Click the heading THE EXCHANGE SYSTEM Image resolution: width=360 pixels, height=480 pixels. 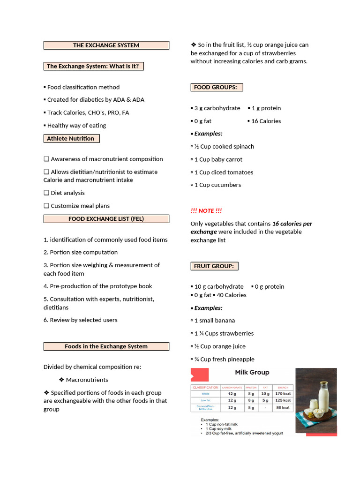[x=106, y=45]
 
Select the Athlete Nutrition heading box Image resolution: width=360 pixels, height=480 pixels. [x=71, y=138]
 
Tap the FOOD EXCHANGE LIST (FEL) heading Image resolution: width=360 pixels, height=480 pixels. [x=106, y=219]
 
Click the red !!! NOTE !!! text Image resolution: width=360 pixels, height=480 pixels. [x=206, y=211]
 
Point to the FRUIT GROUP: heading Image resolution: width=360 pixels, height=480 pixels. [x=214, y=266]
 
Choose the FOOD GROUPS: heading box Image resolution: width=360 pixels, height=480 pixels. [x=216, y=87]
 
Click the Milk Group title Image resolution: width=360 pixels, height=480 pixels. [x=252, y=372]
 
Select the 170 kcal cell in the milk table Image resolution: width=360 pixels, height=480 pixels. [x=283, y=394]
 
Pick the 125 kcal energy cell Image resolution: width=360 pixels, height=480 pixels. [x=283, y=400]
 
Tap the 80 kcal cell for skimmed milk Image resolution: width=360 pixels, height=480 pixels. [x=283, y=408]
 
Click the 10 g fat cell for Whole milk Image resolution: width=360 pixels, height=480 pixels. [x=265, y=394]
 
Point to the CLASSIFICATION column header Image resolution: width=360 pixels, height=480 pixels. [x=205, y=387]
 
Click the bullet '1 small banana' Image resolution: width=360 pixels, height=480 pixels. [x=214, y=321]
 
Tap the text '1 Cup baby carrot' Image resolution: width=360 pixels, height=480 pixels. [x=218, y=159]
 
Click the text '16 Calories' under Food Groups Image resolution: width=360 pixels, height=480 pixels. [x=266, y=121]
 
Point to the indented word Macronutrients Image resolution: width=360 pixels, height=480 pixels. [x=87, y=380]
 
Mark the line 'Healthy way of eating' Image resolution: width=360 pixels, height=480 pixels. [x=76, y=126]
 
